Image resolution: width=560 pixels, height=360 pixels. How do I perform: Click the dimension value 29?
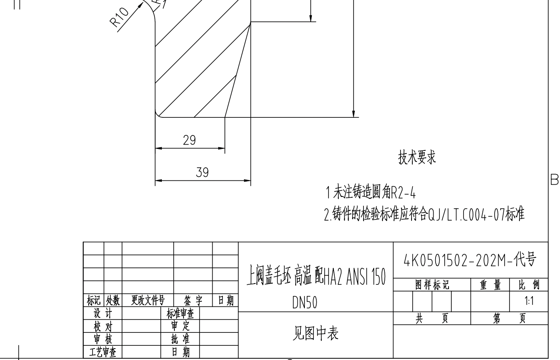(189, 140)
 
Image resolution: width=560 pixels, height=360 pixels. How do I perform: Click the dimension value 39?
(202, 173)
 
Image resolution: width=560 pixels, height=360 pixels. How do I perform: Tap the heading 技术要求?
(417, 157)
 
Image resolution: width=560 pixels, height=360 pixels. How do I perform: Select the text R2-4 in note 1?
(403, 193)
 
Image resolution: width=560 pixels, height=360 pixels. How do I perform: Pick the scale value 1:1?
(529, 301)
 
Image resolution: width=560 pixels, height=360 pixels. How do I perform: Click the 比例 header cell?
(529, 285)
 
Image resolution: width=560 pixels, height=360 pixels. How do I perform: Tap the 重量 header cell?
(490, 285)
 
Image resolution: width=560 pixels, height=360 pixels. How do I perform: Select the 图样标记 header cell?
(432, 285)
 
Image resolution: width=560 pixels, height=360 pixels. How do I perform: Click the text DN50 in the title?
(304, 302)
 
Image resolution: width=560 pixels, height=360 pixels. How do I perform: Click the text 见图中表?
(315, 333)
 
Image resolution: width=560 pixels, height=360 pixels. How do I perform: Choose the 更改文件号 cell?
(148, 301)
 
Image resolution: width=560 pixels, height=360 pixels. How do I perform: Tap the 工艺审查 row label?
(102, 352)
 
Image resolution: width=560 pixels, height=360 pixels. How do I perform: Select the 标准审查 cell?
(180, 314)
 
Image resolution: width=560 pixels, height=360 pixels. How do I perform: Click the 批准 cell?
(180, 339)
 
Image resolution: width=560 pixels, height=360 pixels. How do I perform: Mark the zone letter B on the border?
(554, 180)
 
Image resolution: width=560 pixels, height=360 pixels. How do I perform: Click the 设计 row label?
(102, 314)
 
